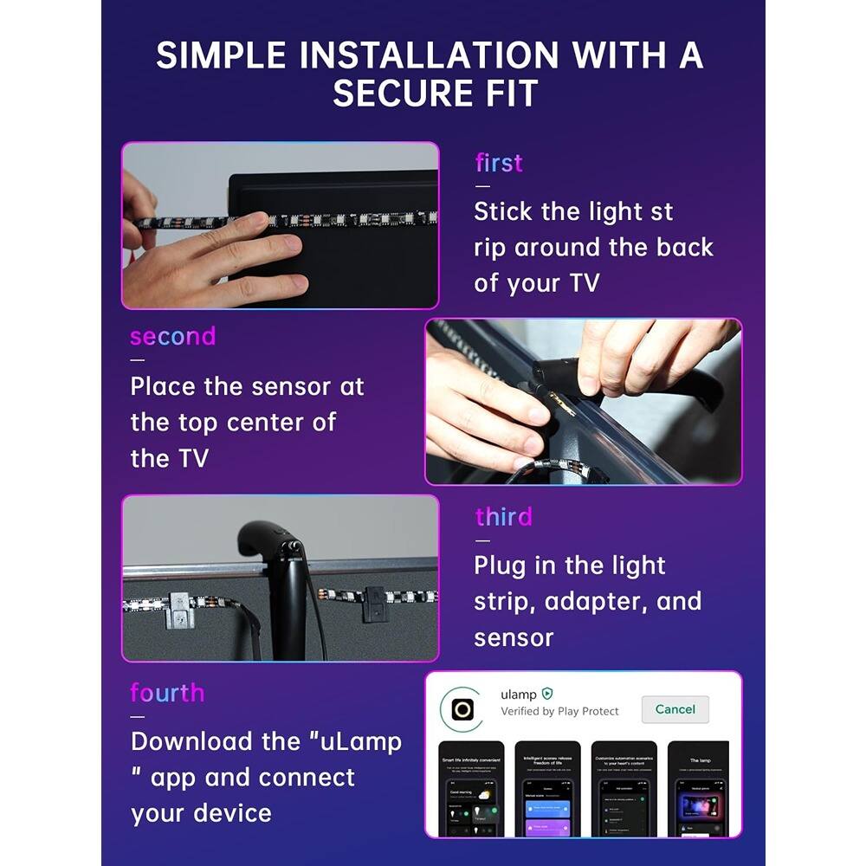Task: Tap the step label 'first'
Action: (499, 163)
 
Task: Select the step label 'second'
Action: (172, 336)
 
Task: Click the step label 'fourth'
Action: (167, 693)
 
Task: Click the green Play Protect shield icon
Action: (547, 694)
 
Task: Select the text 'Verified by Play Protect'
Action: (559, 712)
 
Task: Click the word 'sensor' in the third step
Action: (514, 638)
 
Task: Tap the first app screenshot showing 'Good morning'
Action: (471, 789)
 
